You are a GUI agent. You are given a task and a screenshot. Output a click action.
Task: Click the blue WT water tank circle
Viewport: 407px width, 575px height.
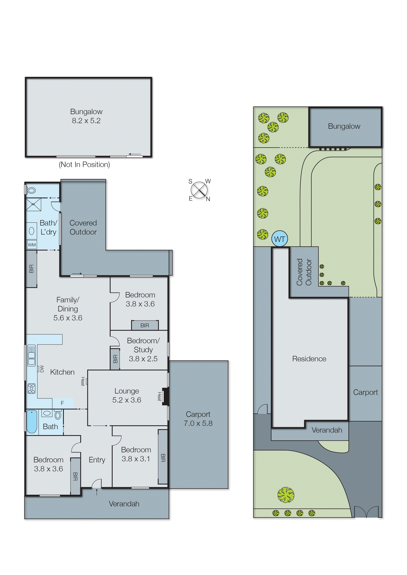(279, 239)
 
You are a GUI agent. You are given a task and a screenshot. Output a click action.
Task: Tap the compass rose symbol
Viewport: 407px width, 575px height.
(199, 190)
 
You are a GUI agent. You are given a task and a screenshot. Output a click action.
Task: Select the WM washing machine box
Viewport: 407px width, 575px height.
(32, 245)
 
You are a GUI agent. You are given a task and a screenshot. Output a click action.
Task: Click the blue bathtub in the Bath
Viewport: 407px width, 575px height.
(32, 422)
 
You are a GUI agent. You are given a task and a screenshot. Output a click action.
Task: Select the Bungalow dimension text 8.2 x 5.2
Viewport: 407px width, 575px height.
(86, 121)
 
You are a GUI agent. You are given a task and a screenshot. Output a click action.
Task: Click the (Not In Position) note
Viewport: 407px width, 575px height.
(84, 165)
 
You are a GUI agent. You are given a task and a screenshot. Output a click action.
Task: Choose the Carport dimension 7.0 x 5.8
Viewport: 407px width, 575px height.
(198, 423)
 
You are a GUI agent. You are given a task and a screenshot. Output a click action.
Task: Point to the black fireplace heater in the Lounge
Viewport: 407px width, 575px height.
(165, 396)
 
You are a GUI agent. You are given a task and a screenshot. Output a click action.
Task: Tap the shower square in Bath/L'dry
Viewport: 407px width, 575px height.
(33, 204)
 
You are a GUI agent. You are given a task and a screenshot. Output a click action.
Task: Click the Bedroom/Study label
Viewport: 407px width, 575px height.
(143, 345)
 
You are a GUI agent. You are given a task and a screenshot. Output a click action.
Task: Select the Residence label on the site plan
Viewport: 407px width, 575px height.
(309, 359)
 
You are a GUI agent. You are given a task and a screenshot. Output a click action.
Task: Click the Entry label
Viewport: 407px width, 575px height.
(97, 460)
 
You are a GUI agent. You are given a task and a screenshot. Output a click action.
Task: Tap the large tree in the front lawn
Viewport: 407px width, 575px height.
(286, 495)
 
